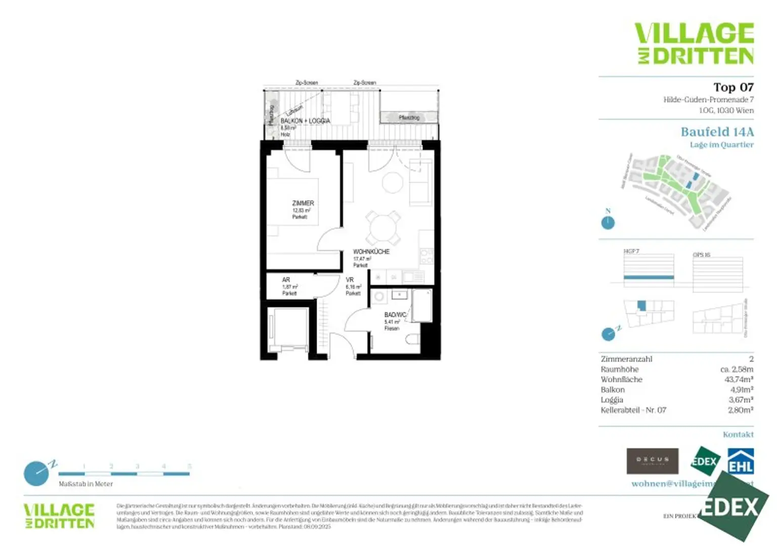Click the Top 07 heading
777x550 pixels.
tap(733, 88)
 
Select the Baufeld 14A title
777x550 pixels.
tap(717, 132)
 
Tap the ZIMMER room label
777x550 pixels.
tap(303, 203)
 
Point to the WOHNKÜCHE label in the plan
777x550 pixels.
tap(371, 251)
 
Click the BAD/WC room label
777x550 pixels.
tap(395, 315)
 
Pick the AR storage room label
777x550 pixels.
tap(286, 280)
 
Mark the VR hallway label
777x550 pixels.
tap(350, 280)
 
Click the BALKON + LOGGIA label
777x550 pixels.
tap(305, 121)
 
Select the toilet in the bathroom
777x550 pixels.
tap(413, 340)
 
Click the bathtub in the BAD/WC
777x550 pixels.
tap(422, 305)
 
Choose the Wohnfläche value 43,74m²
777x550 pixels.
tap(739, 379)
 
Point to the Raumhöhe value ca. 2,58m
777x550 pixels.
tap(737, 369)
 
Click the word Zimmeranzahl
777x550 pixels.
tap(626, 359)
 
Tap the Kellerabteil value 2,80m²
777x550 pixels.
tap(741, 410)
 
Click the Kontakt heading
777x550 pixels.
tap(738, 435)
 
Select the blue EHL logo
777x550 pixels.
tap(741, 461)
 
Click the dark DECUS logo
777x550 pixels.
tap(652, 461)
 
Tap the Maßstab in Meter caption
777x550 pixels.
tap(85, 484)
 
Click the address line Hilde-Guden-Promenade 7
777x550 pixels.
tap(708, 100)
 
